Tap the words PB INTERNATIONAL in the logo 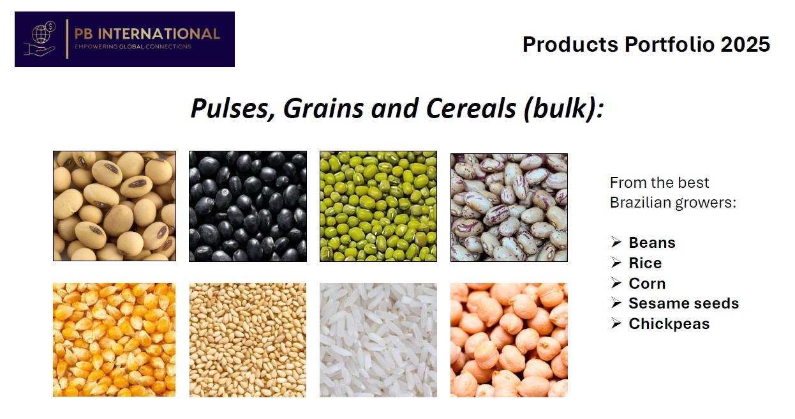click(147, 34)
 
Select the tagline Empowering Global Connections click(133, 47)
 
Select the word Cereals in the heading click(471, 109)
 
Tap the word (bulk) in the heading click(563, 109)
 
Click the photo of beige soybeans click(114, 206)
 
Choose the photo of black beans click(248, 206)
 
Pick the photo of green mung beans click(378, 206)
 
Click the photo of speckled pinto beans click(509, 208)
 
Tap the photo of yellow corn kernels click(114, 340)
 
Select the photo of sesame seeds click(248, 340)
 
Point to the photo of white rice click(378, 340)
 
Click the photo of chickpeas click(509, 340)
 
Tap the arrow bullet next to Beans click(616, 242)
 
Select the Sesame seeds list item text click(683, 303)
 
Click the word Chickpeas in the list click(669, 324)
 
